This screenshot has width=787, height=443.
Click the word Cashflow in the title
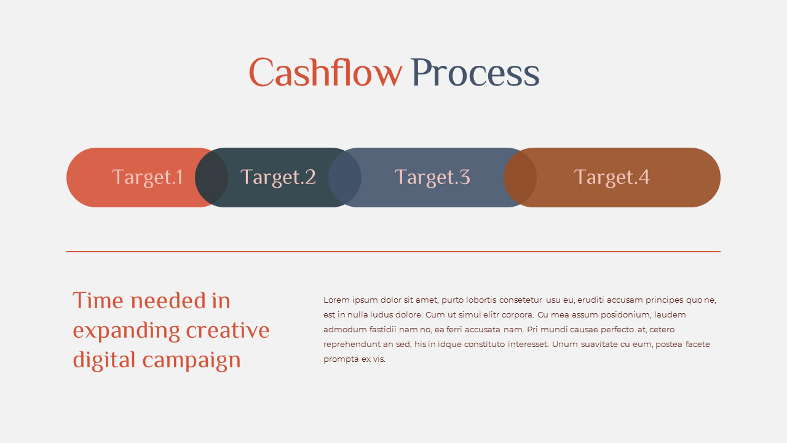coord(325,73)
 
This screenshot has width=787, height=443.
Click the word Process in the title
coord(475,73)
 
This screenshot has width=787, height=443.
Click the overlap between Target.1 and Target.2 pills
coord(212,177)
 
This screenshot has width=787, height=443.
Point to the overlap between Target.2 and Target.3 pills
coord(345,177)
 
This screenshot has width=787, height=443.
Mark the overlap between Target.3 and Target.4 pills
coord(520,177)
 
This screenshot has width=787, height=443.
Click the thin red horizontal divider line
coord(393,252)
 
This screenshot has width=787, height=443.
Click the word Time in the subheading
coord(98,301)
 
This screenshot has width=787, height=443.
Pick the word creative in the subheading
coord(227,330)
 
